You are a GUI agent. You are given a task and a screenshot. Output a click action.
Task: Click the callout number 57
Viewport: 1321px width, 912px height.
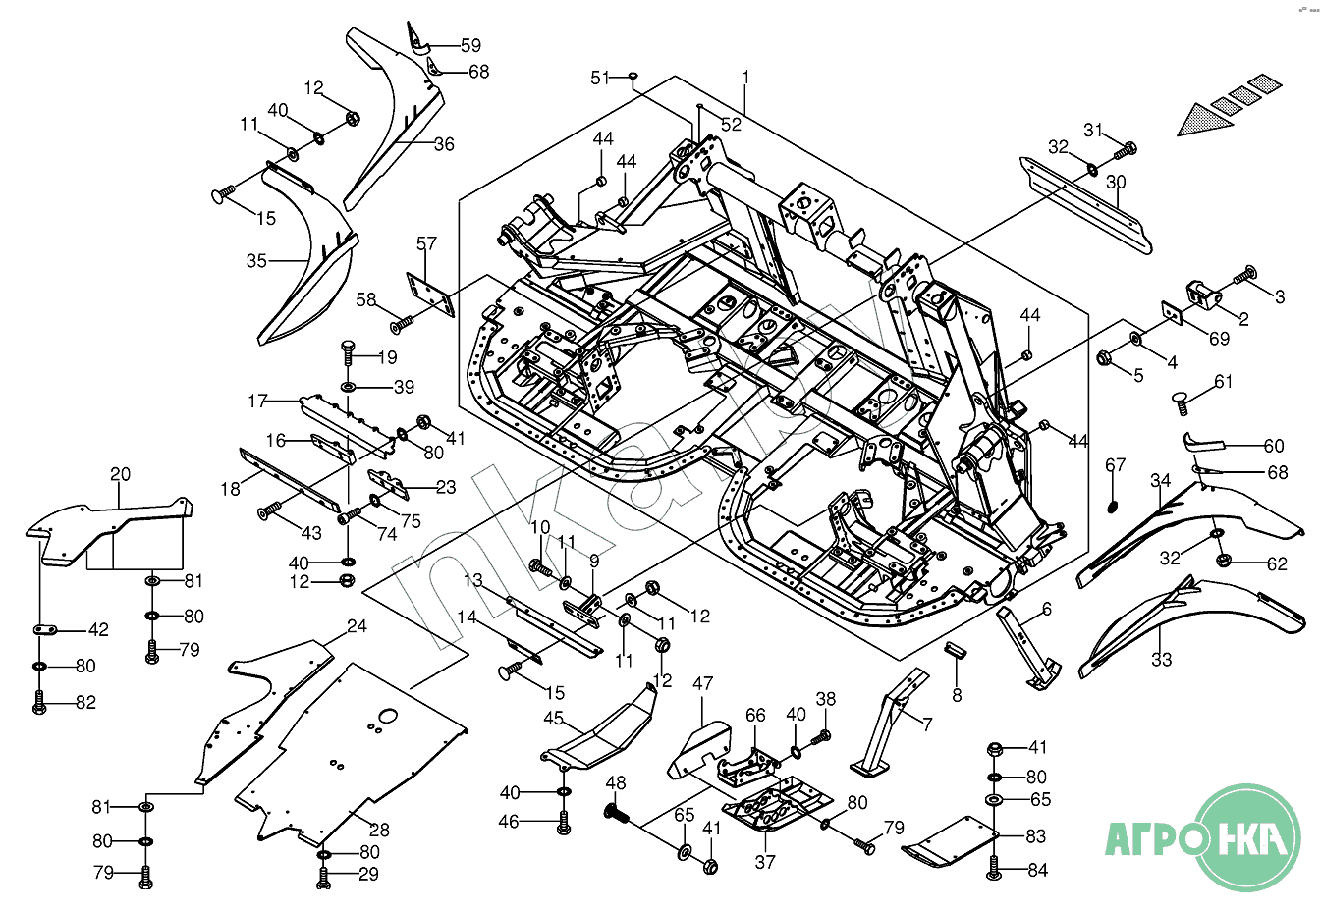(x=426, y=243)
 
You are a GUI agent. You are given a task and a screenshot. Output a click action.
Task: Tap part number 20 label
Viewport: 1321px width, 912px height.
(x=120, y=474)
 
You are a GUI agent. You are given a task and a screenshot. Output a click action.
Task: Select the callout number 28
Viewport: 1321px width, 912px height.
(x=379, y=830)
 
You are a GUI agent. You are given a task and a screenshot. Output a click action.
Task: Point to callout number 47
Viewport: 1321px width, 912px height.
(x=703, y=683)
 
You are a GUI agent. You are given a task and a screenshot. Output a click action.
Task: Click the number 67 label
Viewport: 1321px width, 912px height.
(x=1116, y=464)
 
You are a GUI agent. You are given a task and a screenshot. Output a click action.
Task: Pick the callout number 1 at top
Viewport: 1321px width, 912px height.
(x=745, y=77)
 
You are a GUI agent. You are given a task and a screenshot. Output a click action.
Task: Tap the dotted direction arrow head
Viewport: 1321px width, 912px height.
(x=1204, y=120)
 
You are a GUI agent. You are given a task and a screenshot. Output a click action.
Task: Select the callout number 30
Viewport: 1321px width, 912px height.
(x=1116, y=183)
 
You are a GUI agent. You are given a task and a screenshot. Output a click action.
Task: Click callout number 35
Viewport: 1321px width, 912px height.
(x=256, y=261)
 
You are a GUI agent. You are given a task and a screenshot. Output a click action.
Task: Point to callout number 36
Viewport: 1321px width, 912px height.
(x=444, y=144)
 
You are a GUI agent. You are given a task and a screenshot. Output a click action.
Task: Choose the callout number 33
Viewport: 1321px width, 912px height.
(x=1162, y=660)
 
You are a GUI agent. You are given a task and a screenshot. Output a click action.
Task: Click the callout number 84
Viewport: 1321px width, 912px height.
(x=1038, y=870)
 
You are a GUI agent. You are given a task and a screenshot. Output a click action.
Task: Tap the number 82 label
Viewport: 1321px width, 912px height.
(x=86, y=703)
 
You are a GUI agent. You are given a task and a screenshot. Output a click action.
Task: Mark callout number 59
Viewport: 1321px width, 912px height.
(x=471, y=45)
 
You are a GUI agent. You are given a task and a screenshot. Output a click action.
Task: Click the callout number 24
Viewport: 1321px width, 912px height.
(x=357, y=626)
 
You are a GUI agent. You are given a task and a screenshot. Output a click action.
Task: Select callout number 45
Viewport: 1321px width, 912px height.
(x=554, y=718)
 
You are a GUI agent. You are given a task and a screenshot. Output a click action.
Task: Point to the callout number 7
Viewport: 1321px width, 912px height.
(x=926, y=724)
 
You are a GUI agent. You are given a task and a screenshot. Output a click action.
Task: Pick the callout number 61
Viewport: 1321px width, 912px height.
(x=1223, y=382)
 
